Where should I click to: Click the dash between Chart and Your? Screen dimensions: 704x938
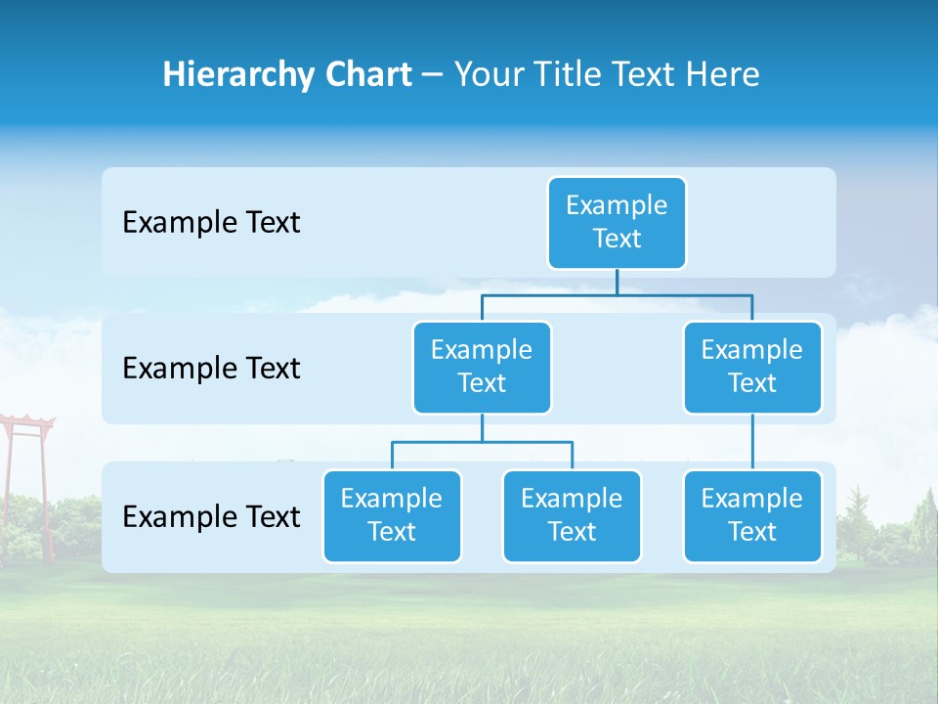[x=433, y=75]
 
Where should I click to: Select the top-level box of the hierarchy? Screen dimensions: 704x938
[x=617, y=223]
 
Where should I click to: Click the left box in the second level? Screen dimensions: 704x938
[x=482, y=368]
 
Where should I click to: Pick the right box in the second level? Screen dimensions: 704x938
[x=752, y=368]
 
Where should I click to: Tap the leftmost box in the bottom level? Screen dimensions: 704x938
[x=392, y=516]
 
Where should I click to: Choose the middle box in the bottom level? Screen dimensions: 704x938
[x=572, y=516]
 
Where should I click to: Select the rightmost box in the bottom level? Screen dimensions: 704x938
[x=752, y=516]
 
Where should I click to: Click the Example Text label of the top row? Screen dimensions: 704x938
[x=211, y=223]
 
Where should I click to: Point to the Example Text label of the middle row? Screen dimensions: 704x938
[x=211, y=369]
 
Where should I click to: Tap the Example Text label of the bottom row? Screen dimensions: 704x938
[x=211, y=516]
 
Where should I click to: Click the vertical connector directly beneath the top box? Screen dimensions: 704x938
[x=617, y=282]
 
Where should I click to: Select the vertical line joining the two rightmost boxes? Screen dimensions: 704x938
[x=752, y=442]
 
